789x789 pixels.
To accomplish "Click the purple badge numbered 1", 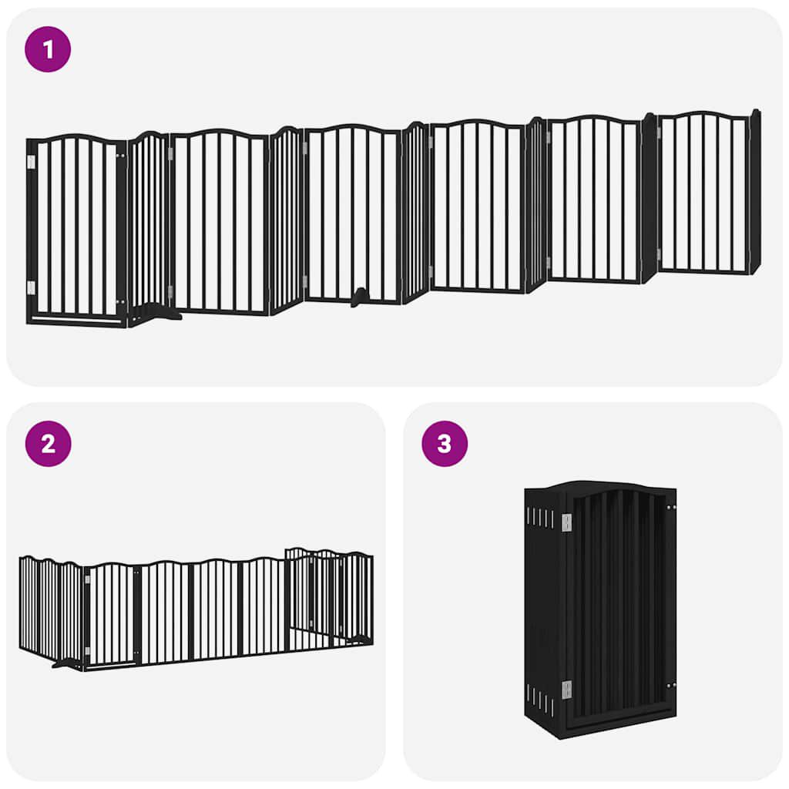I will click(x=48, y=49).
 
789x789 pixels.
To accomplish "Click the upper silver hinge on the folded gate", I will click(x=566, y=522).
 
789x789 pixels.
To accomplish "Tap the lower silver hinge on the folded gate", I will click(x=566, y=690).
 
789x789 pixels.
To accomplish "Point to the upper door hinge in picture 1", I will click(x=32, y=161).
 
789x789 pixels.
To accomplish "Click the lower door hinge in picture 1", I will click(x=32, y=287).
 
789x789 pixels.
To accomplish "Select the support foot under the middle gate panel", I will click(x=359, y=297).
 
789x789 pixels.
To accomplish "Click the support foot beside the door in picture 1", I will click(x=158, y=312).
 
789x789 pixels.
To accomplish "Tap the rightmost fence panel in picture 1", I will click(x=704, y=193).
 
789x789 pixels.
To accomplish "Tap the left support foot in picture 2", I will click(x=67, y=662).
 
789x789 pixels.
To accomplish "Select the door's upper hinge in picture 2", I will click(x=86, y=579).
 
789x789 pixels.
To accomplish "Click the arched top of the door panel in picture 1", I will click(x=77, y=139).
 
